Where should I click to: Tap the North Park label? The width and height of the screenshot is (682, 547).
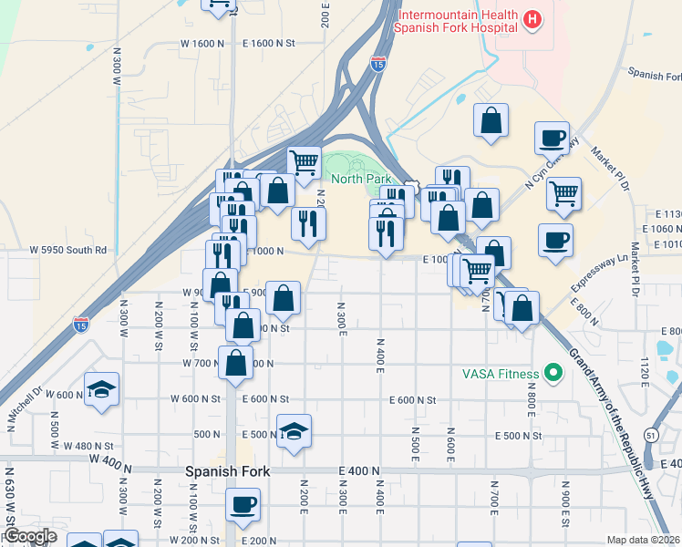pos(360,180)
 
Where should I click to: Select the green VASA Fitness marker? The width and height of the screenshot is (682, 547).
pos(551,372)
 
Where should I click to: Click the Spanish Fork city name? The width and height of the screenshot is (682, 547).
pos(223,472)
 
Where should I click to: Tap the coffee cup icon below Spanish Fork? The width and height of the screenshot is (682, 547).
pos(243,505)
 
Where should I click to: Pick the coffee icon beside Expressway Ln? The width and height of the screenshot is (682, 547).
pos(554,241)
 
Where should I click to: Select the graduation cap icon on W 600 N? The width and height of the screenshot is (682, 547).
pos(101,388)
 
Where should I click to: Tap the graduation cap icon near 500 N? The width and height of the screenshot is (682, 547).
pos(294,431)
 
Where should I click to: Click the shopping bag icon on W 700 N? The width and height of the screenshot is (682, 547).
pos(236,363)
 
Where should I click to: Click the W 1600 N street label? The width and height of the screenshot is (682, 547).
pos(202,44)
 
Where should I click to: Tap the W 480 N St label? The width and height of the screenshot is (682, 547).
pos(88,446)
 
